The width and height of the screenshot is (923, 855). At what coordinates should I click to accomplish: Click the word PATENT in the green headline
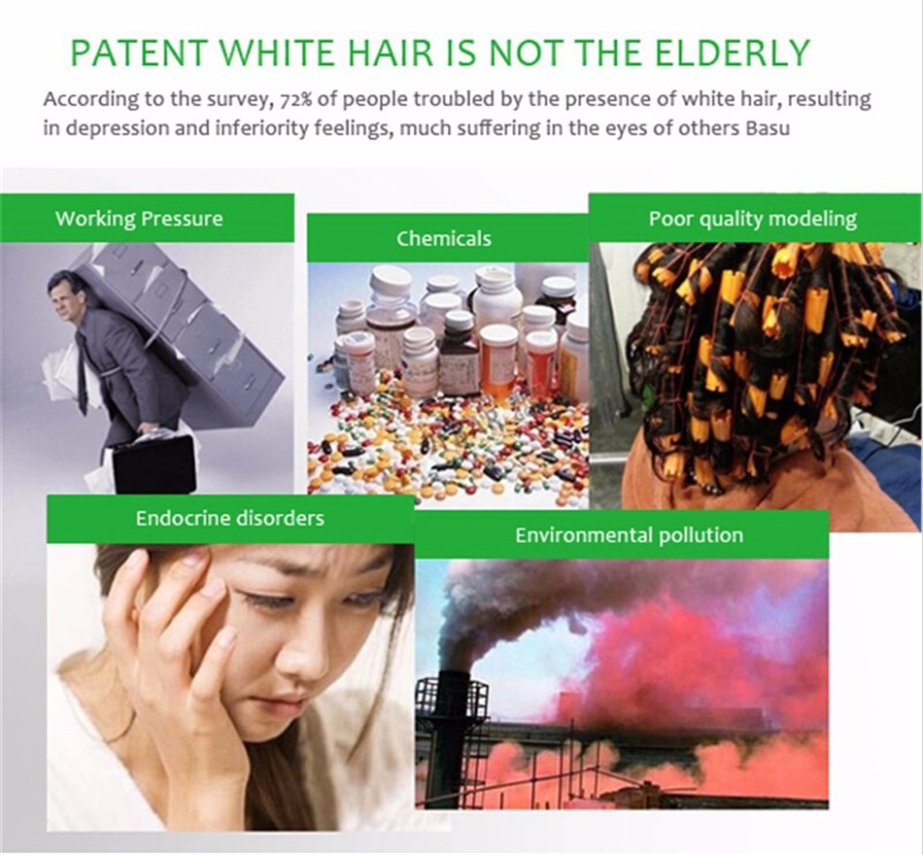(x=139, y=52)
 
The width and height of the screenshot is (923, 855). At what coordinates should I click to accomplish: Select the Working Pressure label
(x=140, y=219)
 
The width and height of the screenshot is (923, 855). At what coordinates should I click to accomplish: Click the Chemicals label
(x=444, y=238)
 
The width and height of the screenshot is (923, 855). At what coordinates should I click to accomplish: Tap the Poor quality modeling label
(x=752, y=219)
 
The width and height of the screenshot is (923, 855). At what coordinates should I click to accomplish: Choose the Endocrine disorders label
(x=230, y=518)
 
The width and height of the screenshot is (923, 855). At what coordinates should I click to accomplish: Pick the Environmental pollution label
(x=630, y=535)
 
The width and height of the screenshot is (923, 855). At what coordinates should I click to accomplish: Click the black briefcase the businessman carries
(x=154, y=462)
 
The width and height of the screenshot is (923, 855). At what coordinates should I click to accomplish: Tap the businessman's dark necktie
(x=83, y=371)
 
